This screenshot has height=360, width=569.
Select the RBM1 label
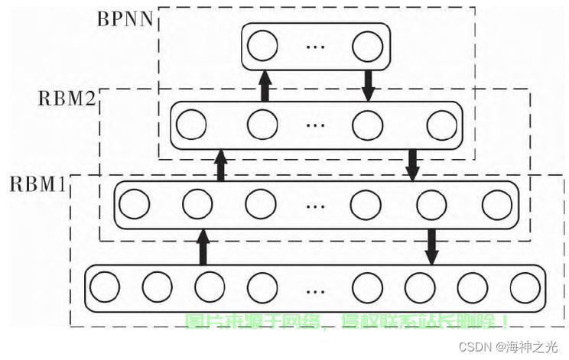pos(40,184)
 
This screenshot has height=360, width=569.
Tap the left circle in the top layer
pos(263,47)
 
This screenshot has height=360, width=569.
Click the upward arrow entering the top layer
pos(265,85)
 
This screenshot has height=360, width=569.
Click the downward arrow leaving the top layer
pos(368,85)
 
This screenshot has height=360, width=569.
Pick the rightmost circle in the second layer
pos(441,125)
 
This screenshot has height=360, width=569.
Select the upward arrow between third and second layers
pos(221,164)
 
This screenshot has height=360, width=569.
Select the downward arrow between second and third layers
pos(413,164)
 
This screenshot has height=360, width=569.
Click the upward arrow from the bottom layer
pos(203,245)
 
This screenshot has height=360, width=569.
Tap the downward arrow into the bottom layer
pos(430,245)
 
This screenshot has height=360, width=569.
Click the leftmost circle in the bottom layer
pos(106,287)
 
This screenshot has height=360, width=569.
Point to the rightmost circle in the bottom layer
pos(524,287)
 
